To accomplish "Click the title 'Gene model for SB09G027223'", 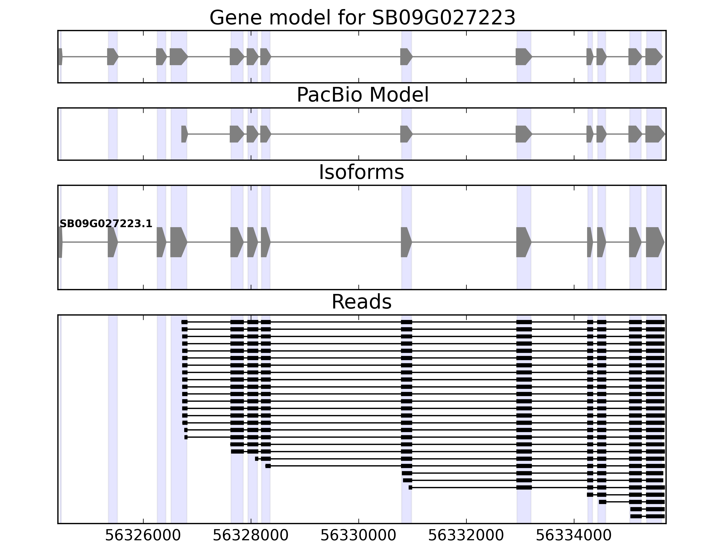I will tap(362, 18).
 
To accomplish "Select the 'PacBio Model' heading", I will tap(362, 95).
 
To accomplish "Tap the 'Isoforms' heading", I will tap(361, 172).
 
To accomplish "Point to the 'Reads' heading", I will tap(361, 302).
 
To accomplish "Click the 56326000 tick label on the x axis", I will tap(143, 536).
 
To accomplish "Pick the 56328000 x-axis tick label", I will tap(251, 536).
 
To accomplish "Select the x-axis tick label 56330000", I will tap(358, 536).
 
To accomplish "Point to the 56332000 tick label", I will tap(466, 536).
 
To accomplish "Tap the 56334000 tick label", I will tap(574, 536).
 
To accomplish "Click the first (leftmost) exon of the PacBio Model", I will tap(184, 134).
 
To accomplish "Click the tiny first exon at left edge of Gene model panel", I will tap(60, 57).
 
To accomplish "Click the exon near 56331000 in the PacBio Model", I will tap(406, 134).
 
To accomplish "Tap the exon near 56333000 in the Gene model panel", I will tap(523, 57).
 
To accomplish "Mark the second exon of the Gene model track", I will tap(112, 57).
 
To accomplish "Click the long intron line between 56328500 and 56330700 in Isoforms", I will tap(336, 242).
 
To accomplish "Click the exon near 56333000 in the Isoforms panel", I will tap(523, 242).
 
